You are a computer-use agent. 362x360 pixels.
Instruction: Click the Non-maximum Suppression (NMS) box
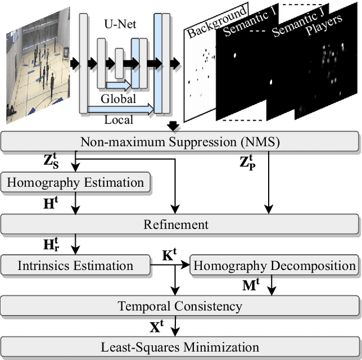[x=180, y=142]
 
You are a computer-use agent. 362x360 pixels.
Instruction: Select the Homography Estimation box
[x=76, y=183]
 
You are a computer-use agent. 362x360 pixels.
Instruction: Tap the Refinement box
[x=180, y=224]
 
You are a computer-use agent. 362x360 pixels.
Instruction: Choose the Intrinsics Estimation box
[x=76, y=265]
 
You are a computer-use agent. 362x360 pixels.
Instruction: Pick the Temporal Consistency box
[x=180, y=306]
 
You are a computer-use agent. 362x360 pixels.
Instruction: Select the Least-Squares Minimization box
[x=180, y=346]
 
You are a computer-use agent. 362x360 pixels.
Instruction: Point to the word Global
[x=118, y=98]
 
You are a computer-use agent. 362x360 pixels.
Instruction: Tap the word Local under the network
[x=118, y=119]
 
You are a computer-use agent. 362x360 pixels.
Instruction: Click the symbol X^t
[x=157, y=327]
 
